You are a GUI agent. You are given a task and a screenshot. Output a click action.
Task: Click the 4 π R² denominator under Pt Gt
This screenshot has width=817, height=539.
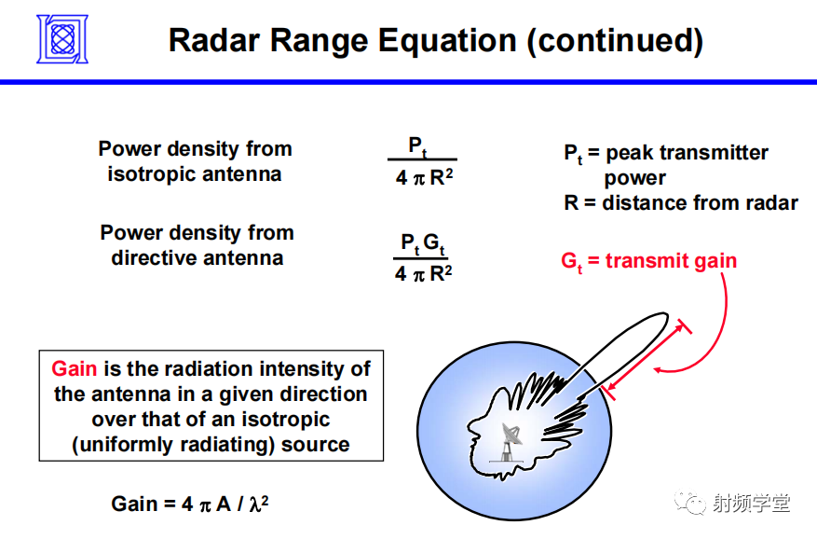(x=422, y=274)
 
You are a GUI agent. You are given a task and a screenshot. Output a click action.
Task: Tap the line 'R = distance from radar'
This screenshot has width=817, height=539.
(x=680, y=202)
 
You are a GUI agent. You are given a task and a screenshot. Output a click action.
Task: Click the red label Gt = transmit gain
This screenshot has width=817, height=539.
(x=648, y=261)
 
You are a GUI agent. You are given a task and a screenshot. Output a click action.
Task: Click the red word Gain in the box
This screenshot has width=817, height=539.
(x=74, y=368)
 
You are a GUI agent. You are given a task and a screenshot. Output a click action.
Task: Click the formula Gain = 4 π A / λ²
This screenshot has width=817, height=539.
(x=190, y=504)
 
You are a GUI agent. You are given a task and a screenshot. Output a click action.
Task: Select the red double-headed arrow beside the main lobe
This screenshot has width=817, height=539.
(x=647, y=358)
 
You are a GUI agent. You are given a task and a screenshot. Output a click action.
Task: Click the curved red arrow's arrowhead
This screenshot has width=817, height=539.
(x=659, y=370)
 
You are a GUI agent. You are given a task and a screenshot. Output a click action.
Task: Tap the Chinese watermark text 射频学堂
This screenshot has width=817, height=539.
(x=752, y=503)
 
